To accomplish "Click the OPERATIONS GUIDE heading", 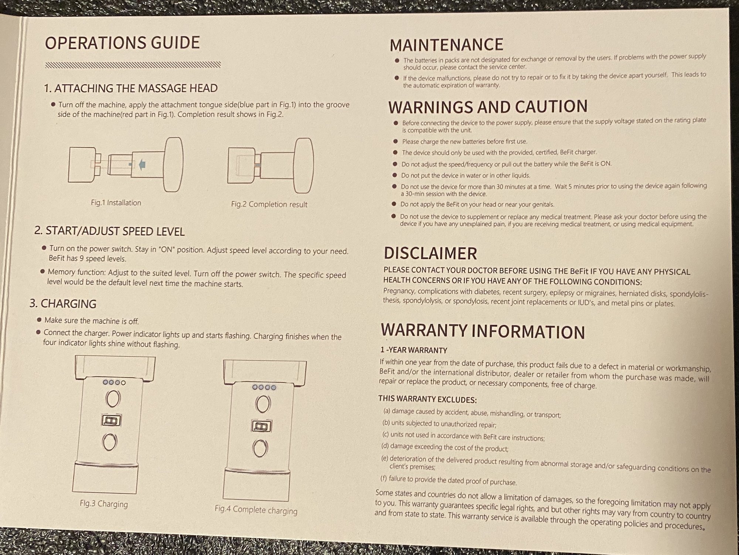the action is point(122,43).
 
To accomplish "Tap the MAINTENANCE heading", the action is point(446,45).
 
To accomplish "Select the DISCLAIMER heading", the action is point(430,253).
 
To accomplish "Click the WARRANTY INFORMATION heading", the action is point(483,331).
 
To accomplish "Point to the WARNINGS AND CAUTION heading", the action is point(488,106).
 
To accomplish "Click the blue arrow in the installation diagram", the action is point(142,164).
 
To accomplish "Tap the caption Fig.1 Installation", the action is point(116,203).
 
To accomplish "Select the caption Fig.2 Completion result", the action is point(269,204).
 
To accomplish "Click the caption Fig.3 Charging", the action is point(104,504).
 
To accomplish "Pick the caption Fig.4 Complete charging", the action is point(256,510).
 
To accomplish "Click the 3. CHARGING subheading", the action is point(63,304).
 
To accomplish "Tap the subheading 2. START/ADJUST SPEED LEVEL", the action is point(109,231).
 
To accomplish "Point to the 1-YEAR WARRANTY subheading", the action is point(414,350).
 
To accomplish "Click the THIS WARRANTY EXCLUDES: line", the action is point(428,399).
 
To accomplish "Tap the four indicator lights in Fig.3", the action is point(115,383).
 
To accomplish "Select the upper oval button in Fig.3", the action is point(113,399).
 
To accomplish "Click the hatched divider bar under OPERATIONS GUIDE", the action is point(133,65).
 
